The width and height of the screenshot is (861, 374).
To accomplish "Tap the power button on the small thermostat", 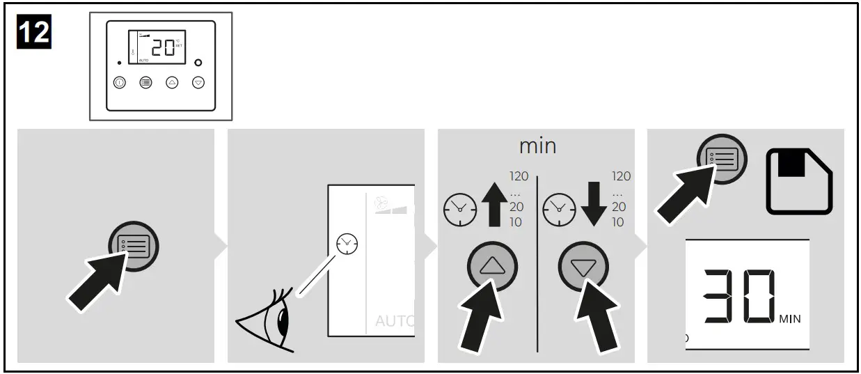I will tap(120, 82).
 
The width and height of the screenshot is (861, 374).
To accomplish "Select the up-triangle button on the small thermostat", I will tap(172, 82).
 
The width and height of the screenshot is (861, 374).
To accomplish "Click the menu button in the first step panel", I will tap(134, 248).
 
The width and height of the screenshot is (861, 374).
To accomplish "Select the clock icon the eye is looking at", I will tap(345, 243).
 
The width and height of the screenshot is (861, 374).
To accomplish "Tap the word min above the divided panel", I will tap(537, 147).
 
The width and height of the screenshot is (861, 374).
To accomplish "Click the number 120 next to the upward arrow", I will tap(519, 176).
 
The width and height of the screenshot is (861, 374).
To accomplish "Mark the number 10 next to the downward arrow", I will tap(618, 223).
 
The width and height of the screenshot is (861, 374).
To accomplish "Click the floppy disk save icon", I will tap(799, 180).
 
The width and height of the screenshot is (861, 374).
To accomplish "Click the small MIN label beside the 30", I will tap(790, 319).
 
